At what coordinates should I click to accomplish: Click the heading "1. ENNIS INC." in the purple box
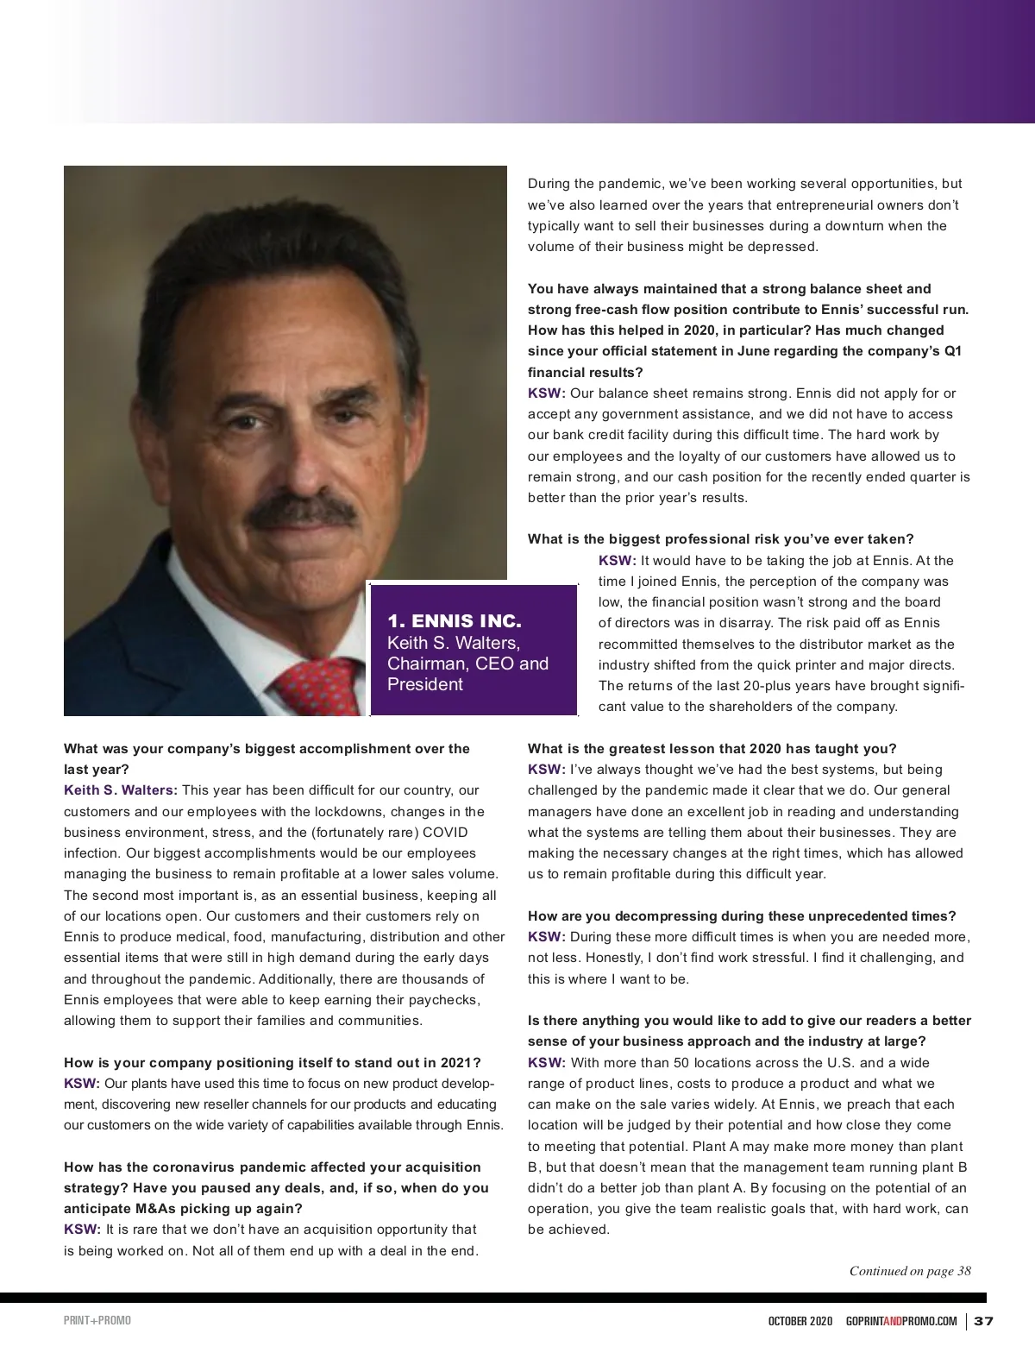[x=455, y=621]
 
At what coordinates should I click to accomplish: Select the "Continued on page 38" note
[x=910, y=1270]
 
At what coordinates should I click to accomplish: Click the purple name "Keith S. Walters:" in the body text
[x=121, y=790]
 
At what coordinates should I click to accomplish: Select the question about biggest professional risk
[x=720, y=539]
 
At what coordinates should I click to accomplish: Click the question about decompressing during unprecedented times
[x=742, y=915]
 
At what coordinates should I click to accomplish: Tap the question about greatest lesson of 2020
[x=712, y=748]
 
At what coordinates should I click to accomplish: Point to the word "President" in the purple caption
[x=425, y=684]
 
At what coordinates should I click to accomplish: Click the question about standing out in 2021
[x=272, y=1062]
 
